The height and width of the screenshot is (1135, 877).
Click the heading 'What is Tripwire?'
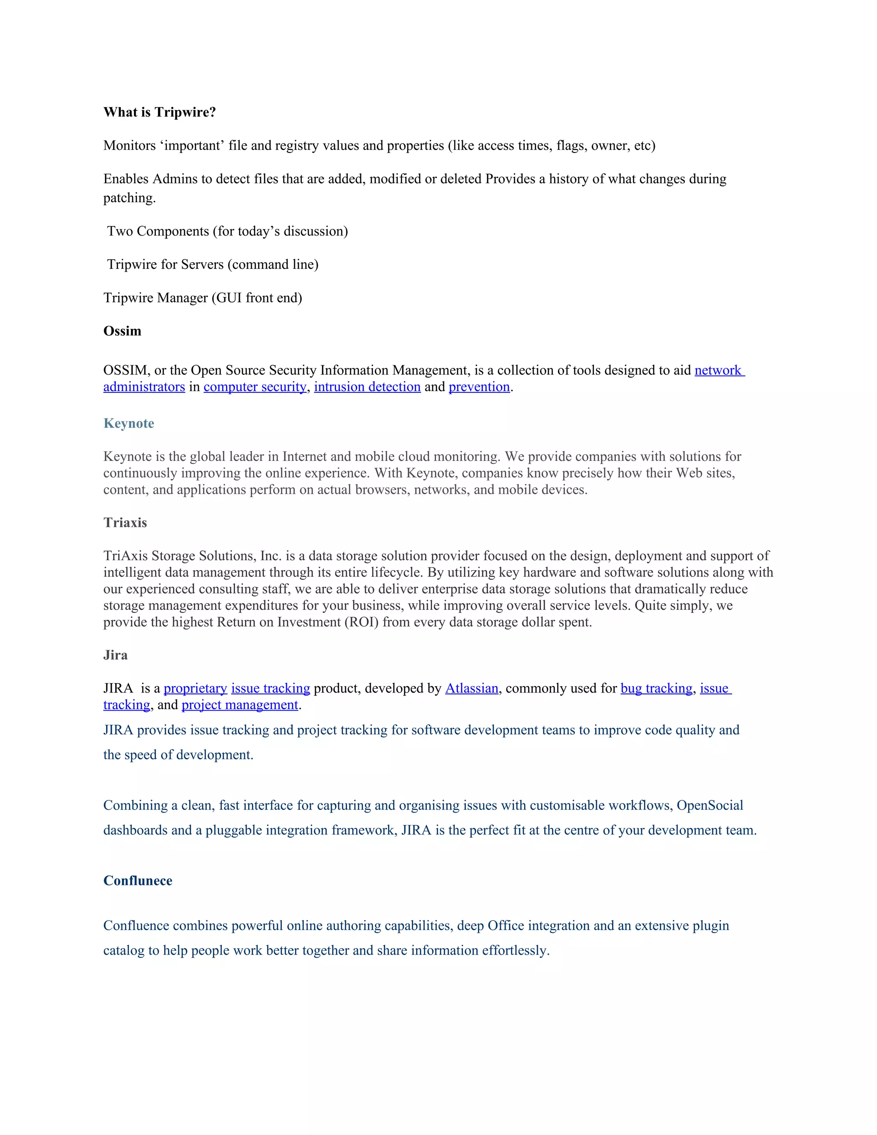(159, 112)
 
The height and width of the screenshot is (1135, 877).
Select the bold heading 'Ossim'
(122, 331)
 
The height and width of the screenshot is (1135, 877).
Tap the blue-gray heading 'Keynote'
(128, 423)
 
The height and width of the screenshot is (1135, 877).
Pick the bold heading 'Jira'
(115, 655)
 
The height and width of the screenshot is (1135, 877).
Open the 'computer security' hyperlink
(255, 387)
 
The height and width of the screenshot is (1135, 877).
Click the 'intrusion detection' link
(367, 387)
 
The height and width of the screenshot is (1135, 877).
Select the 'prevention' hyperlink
(479, 387)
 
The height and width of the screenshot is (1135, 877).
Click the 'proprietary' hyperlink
(195, 688)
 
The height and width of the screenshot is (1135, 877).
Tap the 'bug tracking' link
(656, 688)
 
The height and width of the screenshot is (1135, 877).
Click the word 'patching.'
(129, 198)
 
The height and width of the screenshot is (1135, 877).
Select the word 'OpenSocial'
(710, 805)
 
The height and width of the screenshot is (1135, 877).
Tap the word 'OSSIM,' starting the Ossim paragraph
(127, 370)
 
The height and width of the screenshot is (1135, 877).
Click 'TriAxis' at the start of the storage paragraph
(125, 556)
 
